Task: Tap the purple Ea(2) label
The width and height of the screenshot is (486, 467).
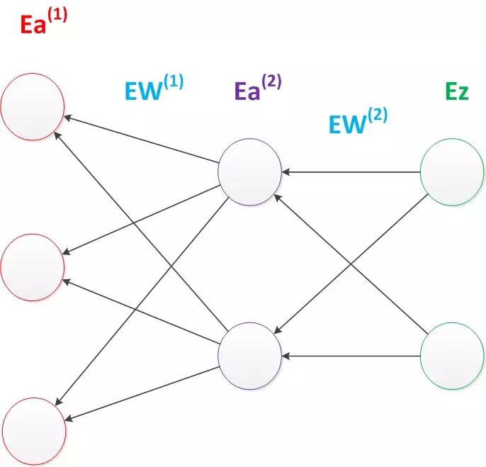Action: pos(258,88)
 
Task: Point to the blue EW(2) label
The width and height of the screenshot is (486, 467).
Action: pos(358,121)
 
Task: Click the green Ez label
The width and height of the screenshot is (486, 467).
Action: pos(456,91)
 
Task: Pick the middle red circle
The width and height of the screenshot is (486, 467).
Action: pos(33,266)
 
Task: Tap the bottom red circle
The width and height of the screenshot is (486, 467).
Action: pos(33,430)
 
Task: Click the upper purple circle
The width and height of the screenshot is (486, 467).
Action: pos(250,171)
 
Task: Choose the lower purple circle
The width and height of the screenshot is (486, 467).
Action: pos(250,355)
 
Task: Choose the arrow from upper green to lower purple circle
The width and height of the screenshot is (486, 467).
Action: pos(351,262)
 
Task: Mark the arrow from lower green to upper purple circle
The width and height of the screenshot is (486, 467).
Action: pos(351,262)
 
